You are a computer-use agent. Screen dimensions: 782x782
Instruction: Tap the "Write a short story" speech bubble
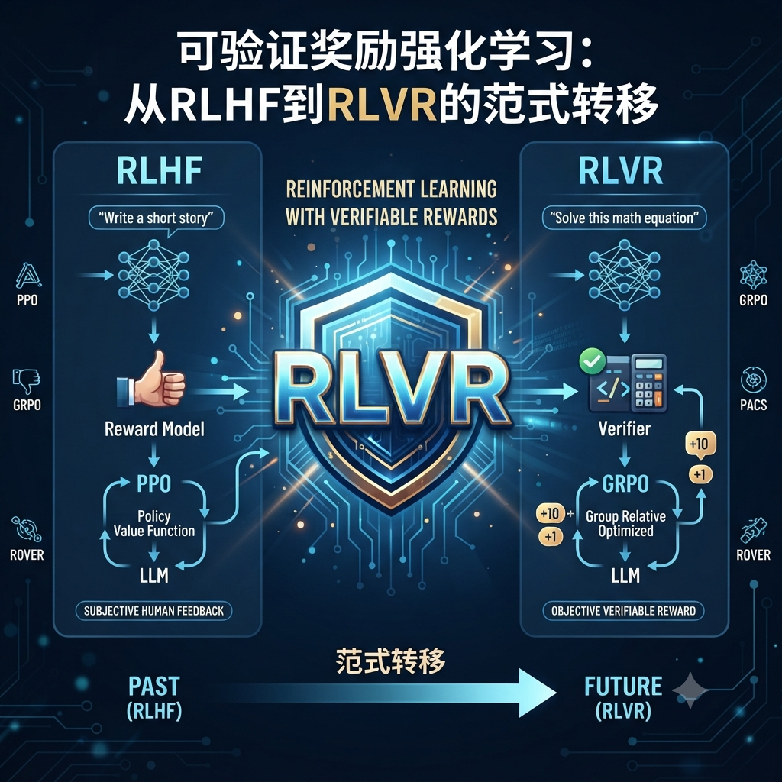(x=156, y=218)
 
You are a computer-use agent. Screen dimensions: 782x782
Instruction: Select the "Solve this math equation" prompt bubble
(x=624, y=218)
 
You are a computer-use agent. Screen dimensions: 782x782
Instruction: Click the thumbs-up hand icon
(x=151, y=379)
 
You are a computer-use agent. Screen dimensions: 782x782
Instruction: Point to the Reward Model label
(x=154, y=429)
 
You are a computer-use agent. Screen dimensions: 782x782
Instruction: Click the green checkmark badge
(x=593, y=361)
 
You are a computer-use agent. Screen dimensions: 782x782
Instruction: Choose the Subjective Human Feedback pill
(x=153, y=611)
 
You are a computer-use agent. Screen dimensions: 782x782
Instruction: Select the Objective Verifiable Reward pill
(x=623, y=611)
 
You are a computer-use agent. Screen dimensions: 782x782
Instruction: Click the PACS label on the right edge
(x=753, y=405)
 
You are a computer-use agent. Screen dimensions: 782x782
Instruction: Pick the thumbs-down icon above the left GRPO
(x=26, y=382)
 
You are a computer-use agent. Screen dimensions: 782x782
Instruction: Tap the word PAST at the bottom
(x=153, y=687)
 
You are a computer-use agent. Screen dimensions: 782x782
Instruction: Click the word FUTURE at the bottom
(x=623, y=687)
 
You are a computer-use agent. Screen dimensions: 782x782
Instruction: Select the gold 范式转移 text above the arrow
(x=390, y=662)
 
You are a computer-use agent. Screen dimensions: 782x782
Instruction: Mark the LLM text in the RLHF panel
(x=153, y=576)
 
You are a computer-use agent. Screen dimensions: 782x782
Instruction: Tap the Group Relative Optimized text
(x=625, y=523)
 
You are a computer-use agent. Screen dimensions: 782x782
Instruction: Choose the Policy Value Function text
(x=154, y=523)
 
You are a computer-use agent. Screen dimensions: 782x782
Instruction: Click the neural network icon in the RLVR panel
(x=625, y=275)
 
